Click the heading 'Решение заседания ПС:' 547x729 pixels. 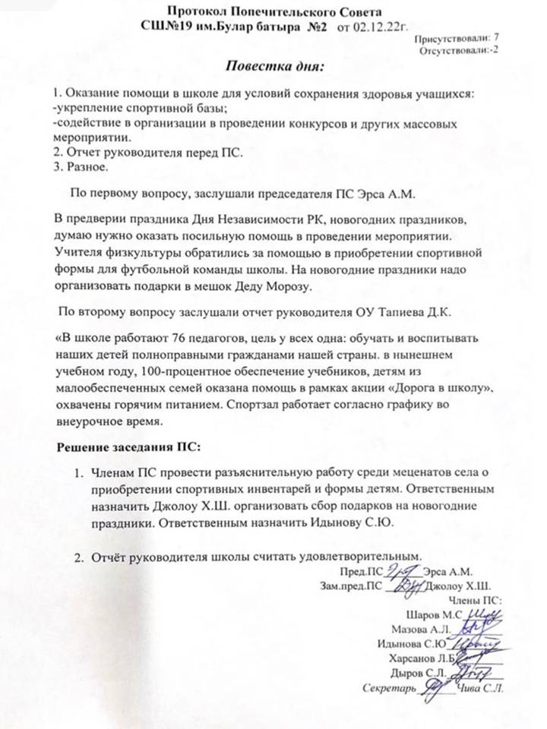click(x=125, y=444)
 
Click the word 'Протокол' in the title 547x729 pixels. click(x=199, y=11)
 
